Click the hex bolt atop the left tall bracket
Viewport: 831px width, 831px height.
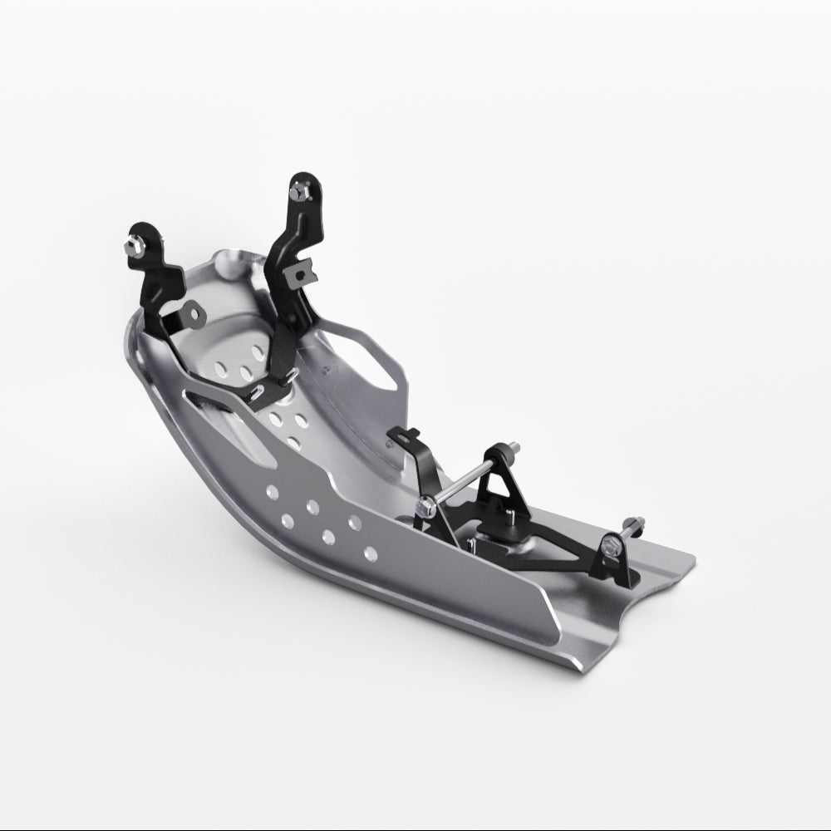point(134,245)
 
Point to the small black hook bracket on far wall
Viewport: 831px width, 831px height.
point(410,435)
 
